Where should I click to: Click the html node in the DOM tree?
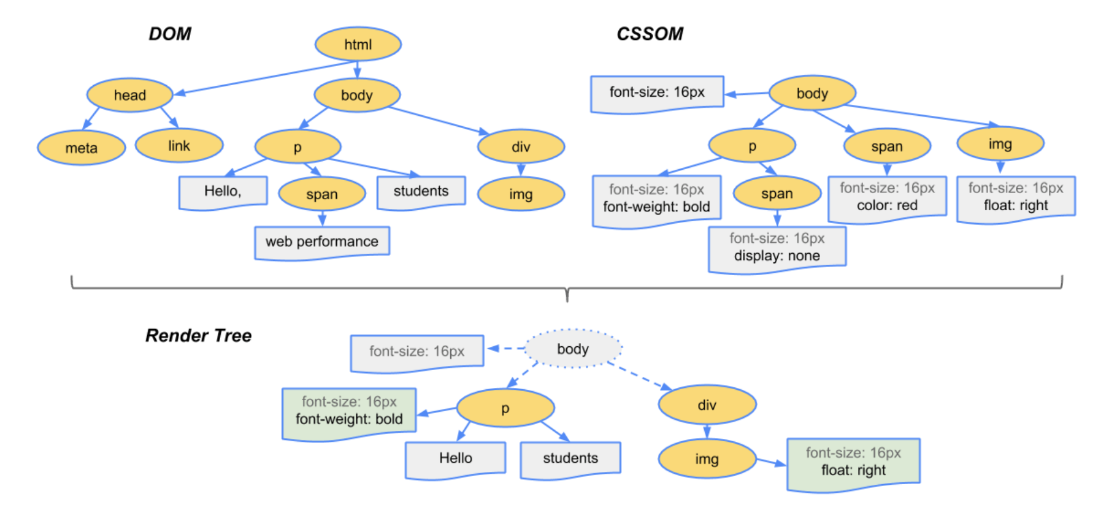tap(358, 44)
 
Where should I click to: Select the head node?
tap(129, 95)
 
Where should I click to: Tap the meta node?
tap(81, 148)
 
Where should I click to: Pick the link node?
tap(178, 146)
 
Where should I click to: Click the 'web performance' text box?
tap(322, 242)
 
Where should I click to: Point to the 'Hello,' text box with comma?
tap(223, 192)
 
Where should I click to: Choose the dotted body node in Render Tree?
tap(573, 349)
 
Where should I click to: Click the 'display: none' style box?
tap(777, 248)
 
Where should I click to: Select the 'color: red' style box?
tap(887, 197)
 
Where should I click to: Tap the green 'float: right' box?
tap(853, 463)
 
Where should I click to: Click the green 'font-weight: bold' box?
tap(349, 412)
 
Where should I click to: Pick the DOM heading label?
tap(170, 34)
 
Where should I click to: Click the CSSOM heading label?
tap(650, 34)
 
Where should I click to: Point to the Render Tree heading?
tap(198, 336)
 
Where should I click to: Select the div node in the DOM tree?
tap(521, 146)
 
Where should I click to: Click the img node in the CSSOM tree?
tap(1000, 144)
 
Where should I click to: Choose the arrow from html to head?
tap(264, 78)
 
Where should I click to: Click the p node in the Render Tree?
tap(505, 408)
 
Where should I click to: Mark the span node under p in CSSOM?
tap(777, 194)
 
